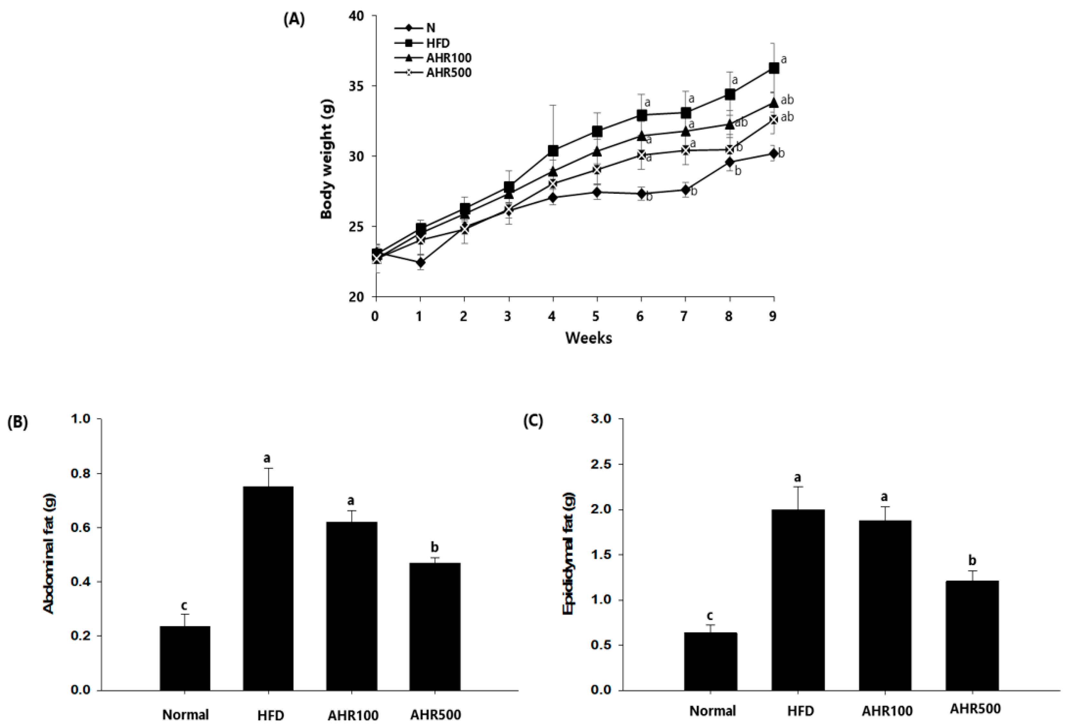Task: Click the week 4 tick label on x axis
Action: click(552, 316)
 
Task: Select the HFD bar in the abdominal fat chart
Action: click(268, 588)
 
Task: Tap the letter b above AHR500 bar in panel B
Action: click(434, 547)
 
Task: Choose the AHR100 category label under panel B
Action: click(353, 715)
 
